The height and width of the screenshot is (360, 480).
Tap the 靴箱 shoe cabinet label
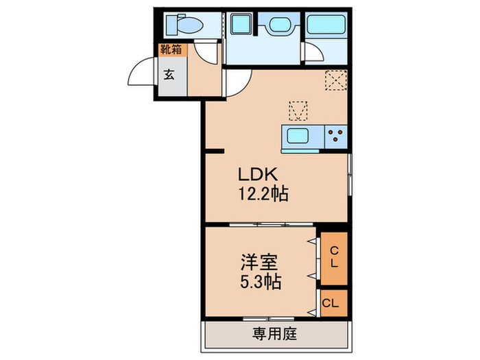click(x=171, y=50)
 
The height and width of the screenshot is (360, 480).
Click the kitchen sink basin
click(x=300, y=134)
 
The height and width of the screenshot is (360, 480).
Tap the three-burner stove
click(x=335, y=134)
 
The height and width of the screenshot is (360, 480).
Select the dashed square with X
click(x=335, y=82)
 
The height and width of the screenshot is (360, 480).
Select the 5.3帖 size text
click(x=260, y=282)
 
